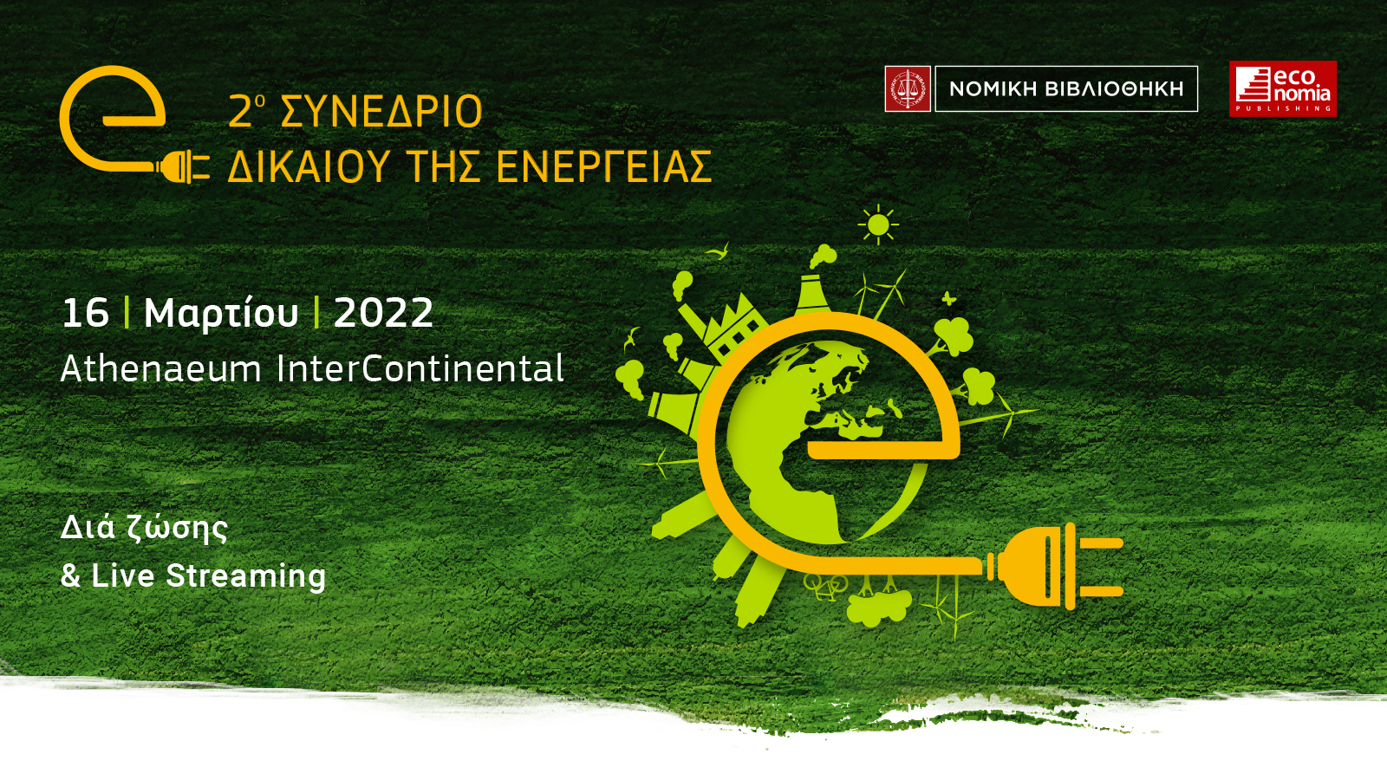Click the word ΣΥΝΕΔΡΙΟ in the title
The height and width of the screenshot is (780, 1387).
click(x=381, y=112)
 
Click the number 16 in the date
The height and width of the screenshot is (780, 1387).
click(x=86, y=313)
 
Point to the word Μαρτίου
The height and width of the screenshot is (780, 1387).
click(x=221, y=314)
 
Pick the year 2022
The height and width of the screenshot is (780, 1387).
click(x=383, y=313)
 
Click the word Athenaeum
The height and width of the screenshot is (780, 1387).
click(x=161, y=369)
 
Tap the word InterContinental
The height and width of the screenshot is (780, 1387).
click(x=420, y=369)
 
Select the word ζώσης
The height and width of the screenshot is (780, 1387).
click(x=178, y=530)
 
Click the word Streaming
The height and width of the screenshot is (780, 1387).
click(x=246, y=576)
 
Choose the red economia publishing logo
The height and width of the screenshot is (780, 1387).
click(x=1283, y=88)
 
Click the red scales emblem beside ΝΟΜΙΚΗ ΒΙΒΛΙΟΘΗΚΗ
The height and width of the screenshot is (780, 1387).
click(x=908, y=88)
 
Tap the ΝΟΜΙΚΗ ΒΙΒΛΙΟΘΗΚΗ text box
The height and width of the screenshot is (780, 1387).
click(x=1066, y=88)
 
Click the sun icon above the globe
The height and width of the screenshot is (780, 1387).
click(x=878, y=224)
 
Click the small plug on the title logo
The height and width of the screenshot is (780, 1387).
click(x=182, y=167)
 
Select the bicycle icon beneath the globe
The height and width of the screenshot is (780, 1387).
click(x=826, y=586)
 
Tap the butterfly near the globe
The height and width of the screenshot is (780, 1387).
click(x=948, y=299)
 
